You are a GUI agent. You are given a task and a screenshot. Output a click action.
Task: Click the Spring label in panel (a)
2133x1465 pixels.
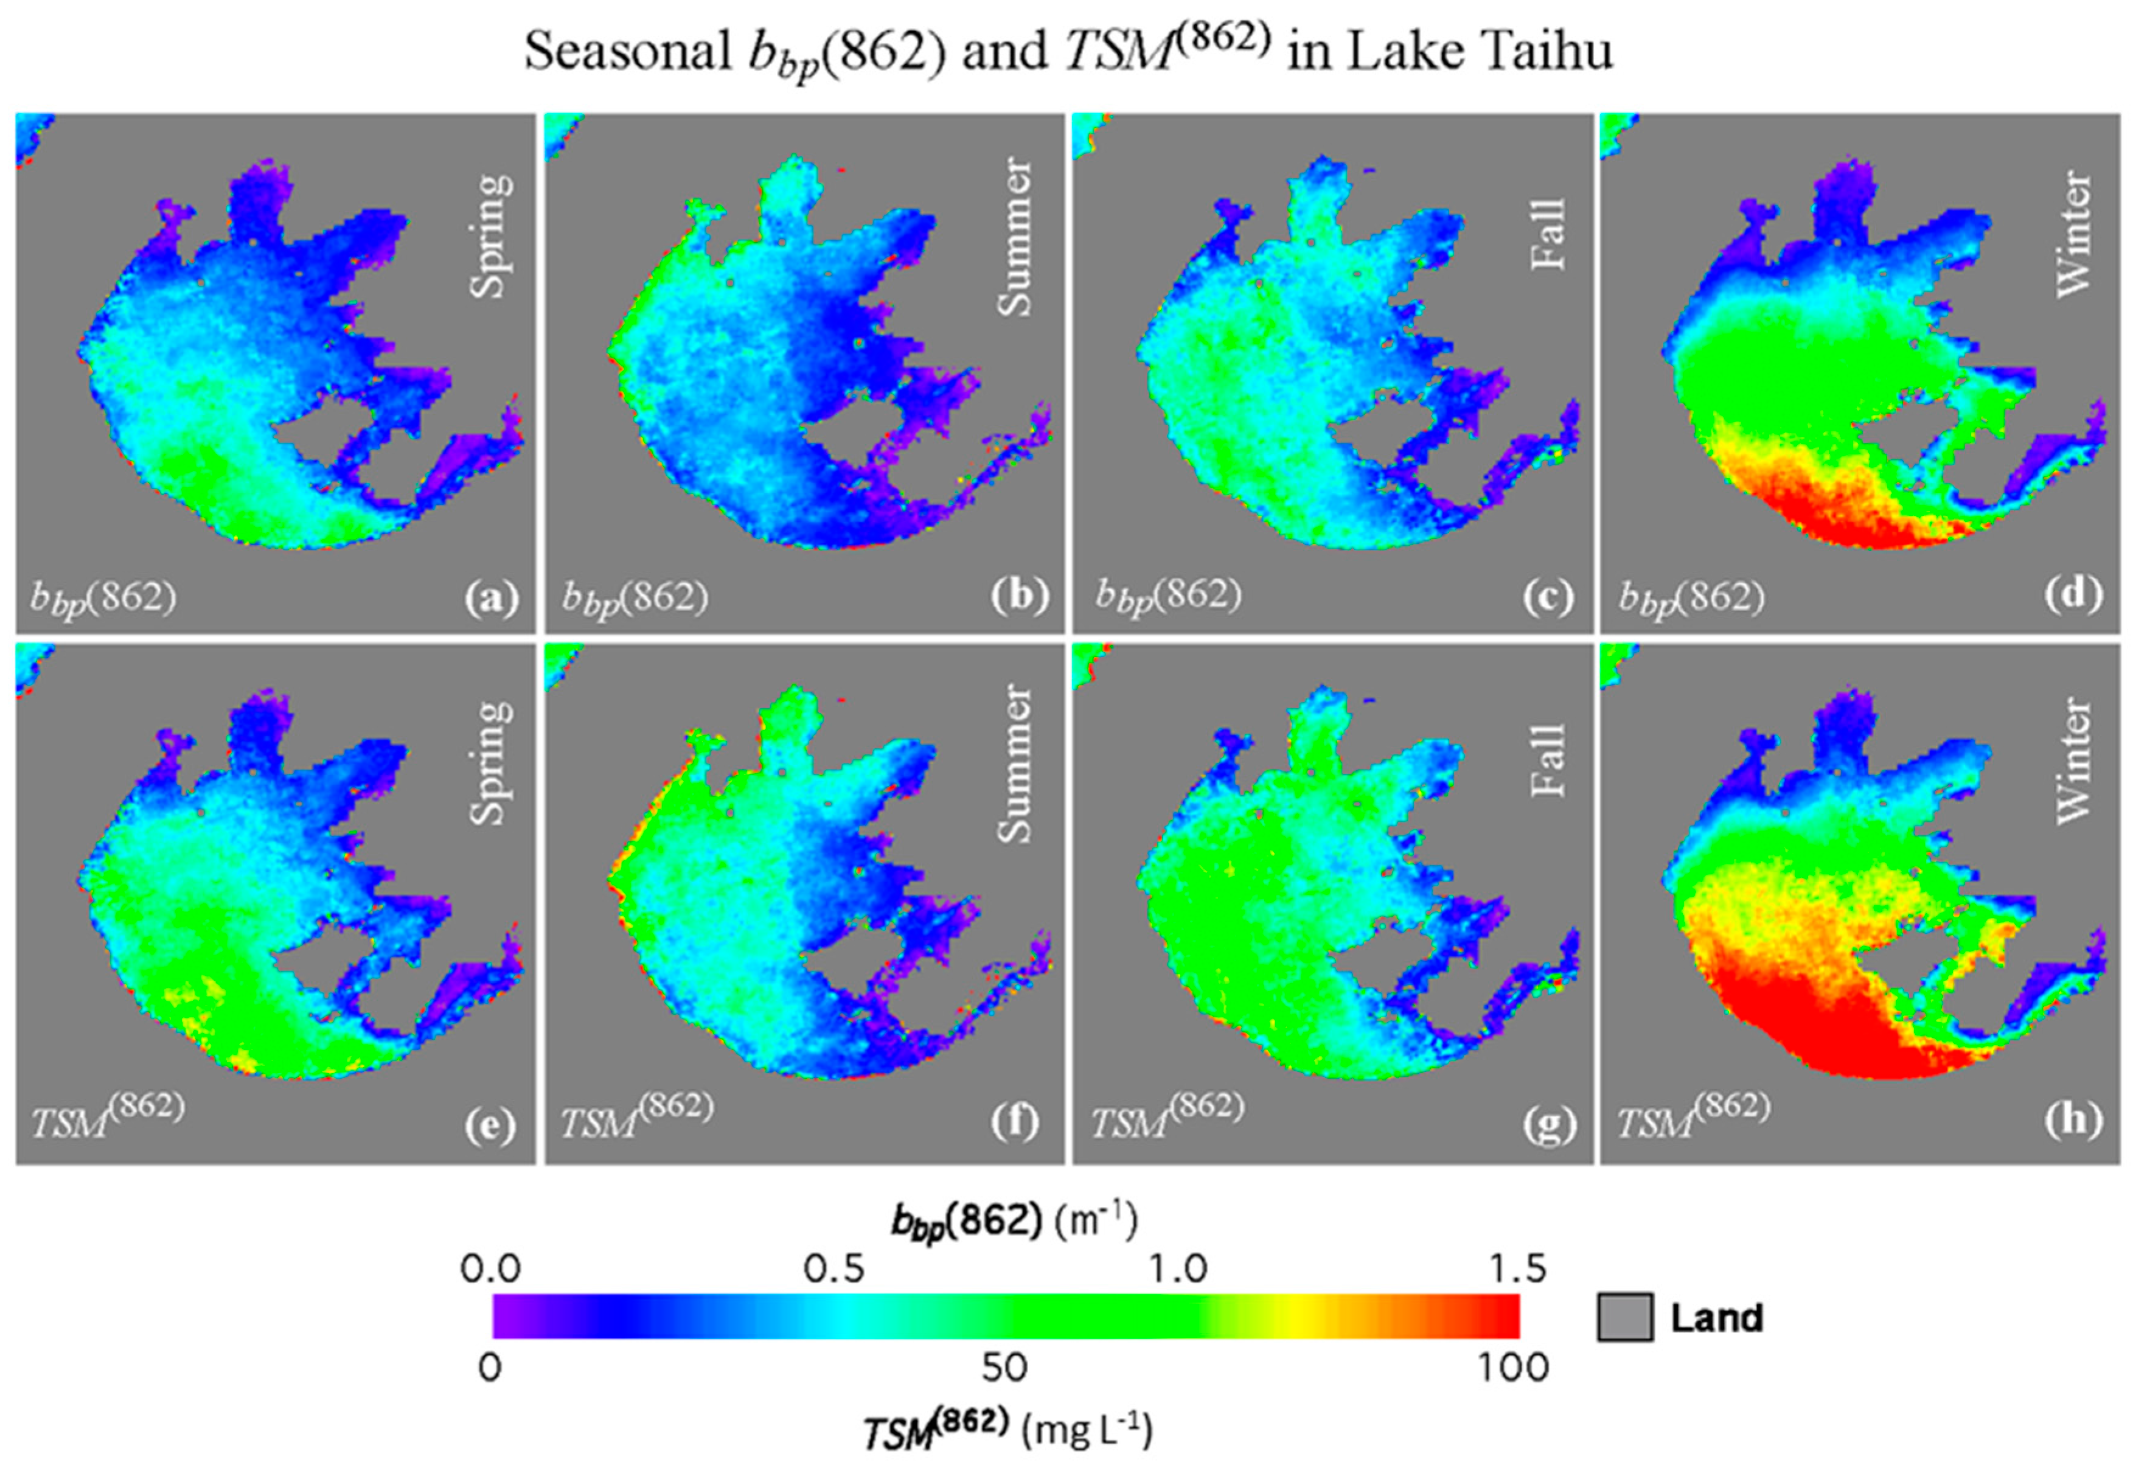pyautogui.click(x=490, y=236)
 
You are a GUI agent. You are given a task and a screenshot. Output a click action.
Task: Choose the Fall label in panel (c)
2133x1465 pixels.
pyautogui.click(x=1548, y=235)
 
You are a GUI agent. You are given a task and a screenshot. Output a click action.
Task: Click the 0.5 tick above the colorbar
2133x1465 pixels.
pyautogui.click(x=834, y=1270)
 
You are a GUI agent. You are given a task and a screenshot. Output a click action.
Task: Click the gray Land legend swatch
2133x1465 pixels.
pyautogui.click(x=1624, y=1317)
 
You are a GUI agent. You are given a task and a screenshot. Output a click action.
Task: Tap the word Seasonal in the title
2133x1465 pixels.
pyautogui.click(x=628, y=51)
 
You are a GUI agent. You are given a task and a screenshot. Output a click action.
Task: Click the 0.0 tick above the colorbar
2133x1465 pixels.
pyautogui.click(x=490, y=1270)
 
